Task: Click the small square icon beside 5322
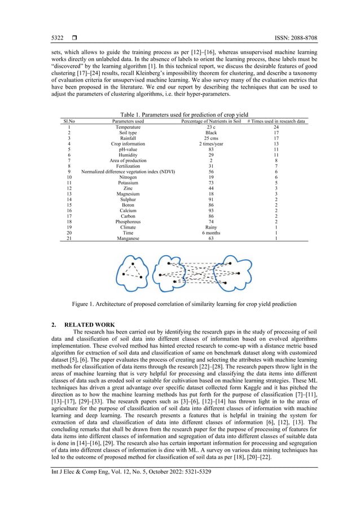click(74, 38)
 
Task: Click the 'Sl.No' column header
click(69, 121)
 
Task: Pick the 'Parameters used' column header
click(128, 121)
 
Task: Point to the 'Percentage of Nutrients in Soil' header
click(211, 121)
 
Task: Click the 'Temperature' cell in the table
click(128, 128)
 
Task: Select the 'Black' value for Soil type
click(211, 133)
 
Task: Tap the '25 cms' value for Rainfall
click(211, 138)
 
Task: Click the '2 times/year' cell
click(211, 144)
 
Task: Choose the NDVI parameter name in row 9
click(128, 171)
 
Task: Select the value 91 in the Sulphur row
click(211, 199)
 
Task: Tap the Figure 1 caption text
click(184, 304)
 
